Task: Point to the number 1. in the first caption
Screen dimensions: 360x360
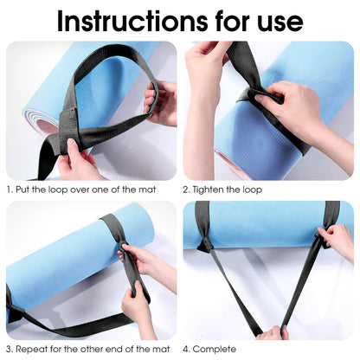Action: coord(10,188)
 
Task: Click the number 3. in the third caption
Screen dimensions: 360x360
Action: coord(10,348)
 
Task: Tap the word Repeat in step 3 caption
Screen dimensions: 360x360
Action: coord(33,348)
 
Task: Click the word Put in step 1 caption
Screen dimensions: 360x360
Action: coord(26,188)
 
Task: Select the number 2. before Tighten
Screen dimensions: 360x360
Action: coord(186,188)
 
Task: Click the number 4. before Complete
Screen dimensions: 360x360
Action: coord(186,348)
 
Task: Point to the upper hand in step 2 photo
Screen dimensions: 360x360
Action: coord(208,65)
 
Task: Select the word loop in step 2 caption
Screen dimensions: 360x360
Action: coord(252,188)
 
